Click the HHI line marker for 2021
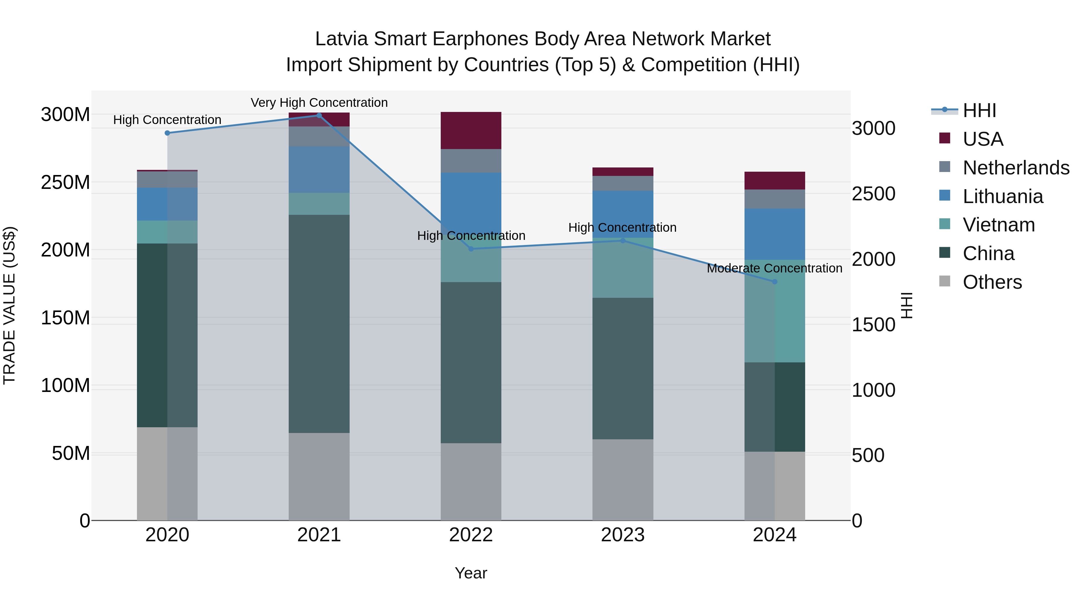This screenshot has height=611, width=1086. tap(319, 116)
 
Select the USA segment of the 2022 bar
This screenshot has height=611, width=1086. tap(471, 130)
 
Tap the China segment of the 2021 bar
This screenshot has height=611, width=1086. tap(319, 323)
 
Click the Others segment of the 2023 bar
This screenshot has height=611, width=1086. tap(623, 479)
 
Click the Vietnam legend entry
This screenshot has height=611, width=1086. tap(998, 225)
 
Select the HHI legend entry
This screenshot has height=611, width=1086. tap(979, 110)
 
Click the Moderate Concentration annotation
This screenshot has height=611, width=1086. tap(774, 268)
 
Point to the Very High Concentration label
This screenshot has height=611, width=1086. tap(319, 103)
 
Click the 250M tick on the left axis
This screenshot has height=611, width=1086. tap(65, 183)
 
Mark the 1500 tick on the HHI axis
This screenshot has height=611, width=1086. tap(873, 325)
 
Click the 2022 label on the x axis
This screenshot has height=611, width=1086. tap(471, 535)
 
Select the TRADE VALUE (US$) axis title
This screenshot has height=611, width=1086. tap(9, 305)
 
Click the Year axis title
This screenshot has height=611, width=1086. tap(471, 573)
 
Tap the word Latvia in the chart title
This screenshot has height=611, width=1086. tap(341, 39)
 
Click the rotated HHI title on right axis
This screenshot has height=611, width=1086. tap(907, 305)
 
